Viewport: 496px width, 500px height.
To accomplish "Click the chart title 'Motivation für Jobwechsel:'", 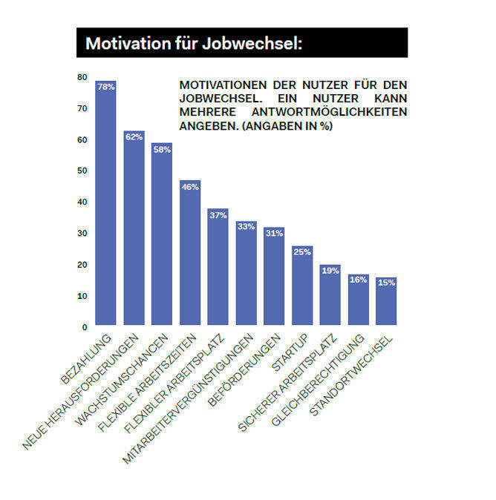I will [x=194, y=43].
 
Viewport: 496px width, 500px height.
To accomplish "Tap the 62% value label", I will [x=134, y=136].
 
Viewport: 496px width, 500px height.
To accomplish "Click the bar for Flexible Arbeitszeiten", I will [x=190, y=252].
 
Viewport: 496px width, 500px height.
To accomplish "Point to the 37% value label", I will [x=218, y=215].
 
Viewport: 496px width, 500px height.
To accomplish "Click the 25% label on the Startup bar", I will [x=302, y=252].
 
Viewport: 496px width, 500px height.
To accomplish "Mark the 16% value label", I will [x=358, y=280].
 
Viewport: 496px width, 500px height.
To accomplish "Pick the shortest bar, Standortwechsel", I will [x=386, y=301].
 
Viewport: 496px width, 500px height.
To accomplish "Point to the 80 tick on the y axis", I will [x=82, y=77].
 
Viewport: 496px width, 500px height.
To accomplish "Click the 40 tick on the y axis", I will [x=82, y=202].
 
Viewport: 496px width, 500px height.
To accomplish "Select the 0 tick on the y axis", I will [x=85, y=326].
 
